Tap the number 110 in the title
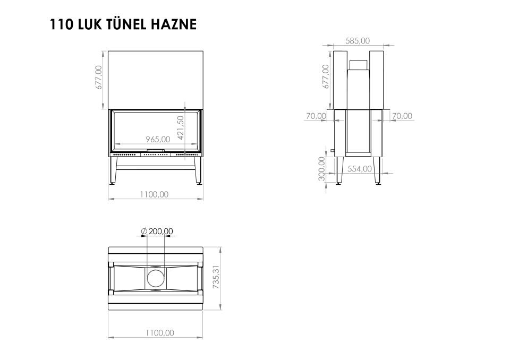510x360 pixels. pos(61,24)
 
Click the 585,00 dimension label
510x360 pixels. pos(358,41)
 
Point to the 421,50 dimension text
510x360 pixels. pos(181,127)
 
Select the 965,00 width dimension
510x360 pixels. pos(158,139)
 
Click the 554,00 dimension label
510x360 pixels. pos(360,169)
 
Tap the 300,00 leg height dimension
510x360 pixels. pos(322,168)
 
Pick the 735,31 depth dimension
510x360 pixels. pos(216,277)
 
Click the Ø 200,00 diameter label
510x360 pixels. pos(157,231)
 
